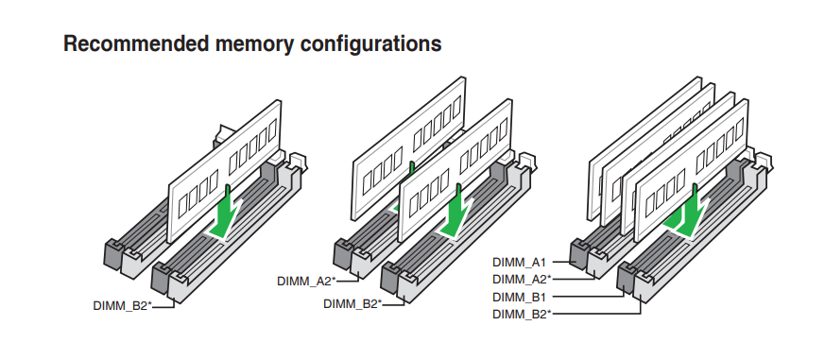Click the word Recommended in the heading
tap(136, 43)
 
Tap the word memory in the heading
tap(254, 44)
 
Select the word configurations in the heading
tap(371, 44)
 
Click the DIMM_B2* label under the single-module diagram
tap(122, 306)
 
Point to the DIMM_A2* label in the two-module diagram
tap(306, 281)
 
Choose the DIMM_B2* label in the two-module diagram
tap(352, 303)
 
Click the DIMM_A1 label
tap(520, 262)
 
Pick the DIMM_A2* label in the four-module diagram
tap(522, 279)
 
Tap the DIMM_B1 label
tap(520, 297)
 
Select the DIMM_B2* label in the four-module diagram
tap(522, 315)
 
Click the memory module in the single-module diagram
tap(225, 171)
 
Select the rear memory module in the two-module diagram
tap(407, 148)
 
